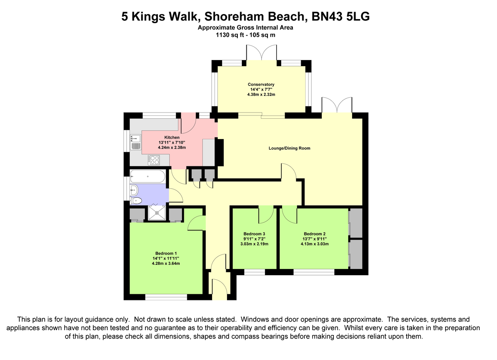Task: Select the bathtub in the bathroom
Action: pyautogui.click(x=147, y=177)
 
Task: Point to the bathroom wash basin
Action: pyautogui.click(x=134, y=191)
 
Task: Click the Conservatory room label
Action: pyautogui.click(x=261, y=84)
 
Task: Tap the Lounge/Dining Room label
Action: pyautogui.click(x=289, y=148)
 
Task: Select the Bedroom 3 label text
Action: pyautogui.click(x=254, y=234)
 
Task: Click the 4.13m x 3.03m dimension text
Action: pyautogui.click(x=315, y=244)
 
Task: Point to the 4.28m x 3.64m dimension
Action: pyautogui.click(x=166, y=263)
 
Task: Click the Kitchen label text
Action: pyautogui.click(x=172, y=137)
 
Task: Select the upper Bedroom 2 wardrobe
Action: pyautogui.click(x=356, y=223)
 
